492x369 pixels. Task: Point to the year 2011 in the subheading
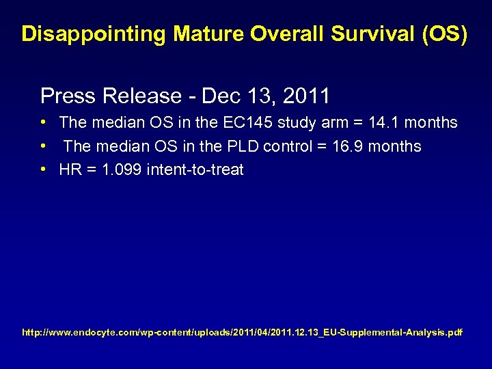pos(306,95)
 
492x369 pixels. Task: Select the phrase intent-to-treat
pos(195,169)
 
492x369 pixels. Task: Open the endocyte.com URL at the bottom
pos(243,333)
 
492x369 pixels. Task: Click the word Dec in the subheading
pos(218,95)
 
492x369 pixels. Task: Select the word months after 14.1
pos(430,123)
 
